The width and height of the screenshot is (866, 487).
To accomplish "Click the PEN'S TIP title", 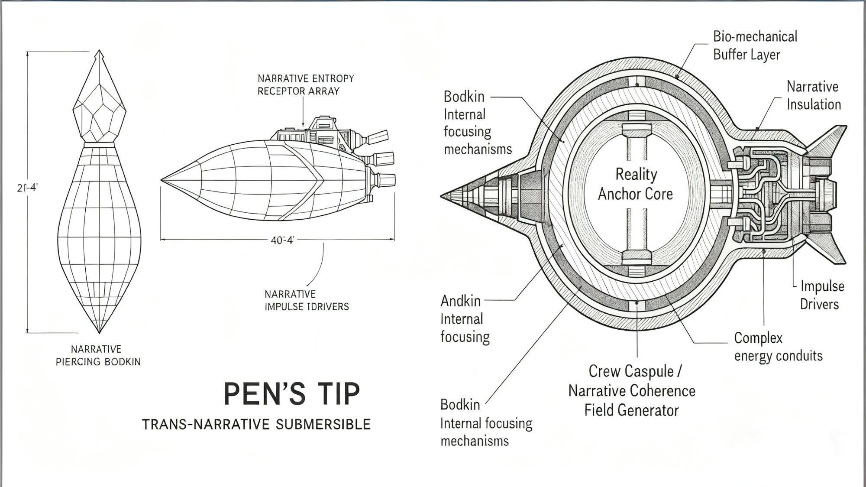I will [291, 394].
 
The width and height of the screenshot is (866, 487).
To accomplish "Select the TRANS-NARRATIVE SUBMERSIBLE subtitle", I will [256, 424].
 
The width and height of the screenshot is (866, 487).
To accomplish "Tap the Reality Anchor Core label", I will [635, 184].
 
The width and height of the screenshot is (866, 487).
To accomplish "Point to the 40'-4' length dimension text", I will [282, 240].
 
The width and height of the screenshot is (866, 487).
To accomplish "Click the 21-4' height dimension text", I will [28, 188].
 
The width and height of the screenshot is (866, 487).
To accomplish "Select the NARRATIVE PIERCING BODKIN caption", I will [98, 355].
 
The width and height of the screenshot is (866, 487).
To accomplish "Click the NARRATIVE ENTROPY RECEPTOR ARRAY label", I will [306, 84].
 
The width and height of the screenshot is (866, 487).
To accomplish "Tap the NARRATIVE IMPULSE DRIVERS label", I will [306, 300].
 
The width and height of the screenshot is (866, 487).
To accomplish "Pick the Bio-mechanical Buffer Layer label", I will [755, 45].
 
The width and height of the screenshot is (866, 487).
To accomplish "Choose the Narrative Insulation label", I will [813, 95].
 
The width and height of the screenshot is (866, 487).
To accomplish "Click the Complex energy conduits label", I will [778, 347].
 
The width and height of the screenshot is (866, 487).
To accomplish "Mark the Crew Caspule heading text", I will [635, 371].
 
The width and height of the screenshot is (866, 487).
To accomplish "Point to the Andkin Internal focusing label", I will [465, 318].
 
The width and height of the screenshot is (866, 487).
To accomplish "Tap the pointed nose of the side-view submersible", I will [163, 179].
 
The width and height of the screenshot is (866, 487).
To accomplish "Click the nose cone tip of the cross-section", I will [443, 196].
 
